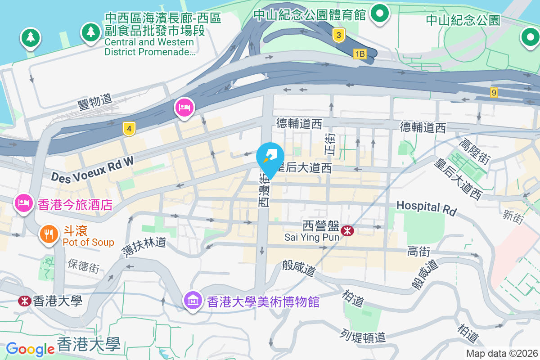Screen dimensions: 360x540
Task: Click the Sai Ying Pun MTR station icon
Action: tap(347, 231)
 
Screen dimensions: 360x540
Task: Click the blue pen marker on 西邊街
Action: tap(270, 157)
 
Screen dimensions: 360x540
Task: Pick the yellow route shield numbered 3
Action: tap(339, 35)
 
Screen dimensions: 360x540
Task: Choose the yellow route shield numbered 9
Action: tap(494, 93)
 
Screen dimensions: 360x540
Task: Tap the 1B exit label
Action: tap(360, 54)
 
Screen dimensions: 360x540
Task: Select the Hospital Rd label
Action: tap(426, 207)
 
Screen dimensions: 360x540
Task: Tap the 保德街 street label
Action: tap(84, 266)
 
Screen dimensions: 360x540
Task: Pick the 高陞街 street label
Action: tap(474, 152)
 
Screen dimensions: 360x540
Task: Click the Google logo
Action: tap(31, 349)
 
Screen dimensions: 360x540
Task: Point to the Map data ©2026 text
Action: tap(502, 353)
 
